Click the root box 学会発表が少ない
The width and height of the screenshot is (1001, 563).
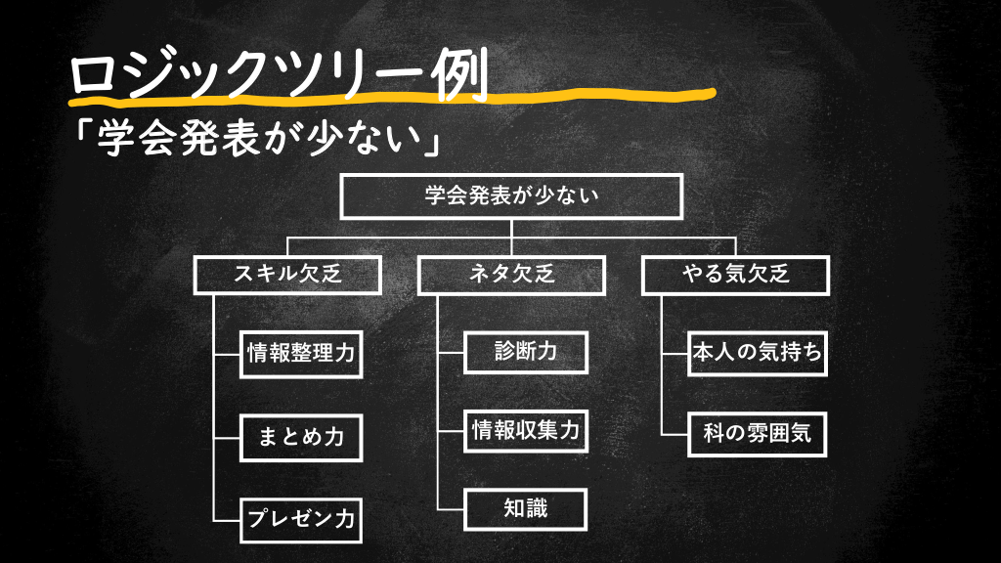tap(510, 195)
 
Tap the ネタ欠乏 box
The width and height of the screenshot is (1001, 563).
tap(512, 275)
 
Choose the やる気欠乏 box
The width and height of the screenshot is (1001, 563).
tap(735, 275)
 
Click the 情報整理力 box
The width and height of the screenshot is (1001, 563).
tap(301, 354)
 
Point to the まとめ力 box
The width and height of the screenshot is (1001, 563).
tap(301, 437)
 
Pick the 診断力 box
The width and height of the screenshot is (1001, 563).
tap(525, 351)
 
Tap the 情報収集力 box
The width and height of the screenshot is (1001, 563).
tap(525, 429)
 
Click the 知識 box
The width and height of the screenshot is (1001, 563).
tap(525, 508)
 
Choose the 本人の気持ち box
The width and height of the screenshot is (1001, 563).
tap(757, 353)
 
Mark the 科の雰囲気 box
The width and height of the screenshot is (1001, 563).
tap(757, 431)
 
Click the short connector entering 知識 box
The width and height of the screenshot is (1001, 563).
tap(451, 508)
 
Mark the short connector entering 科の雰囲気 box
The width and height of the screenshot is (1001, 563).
tap(675, 431)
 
